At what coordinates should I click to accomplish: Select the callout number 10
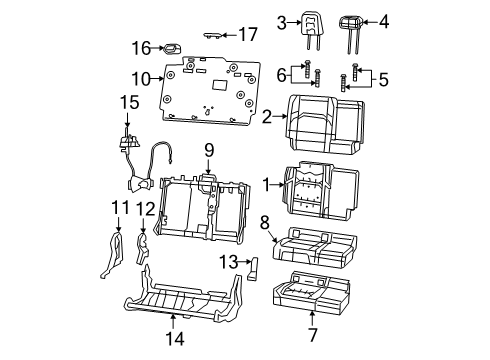(x=142, y=79)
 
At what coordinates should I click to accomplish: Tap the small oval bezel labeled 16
(x=171, y=47)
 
